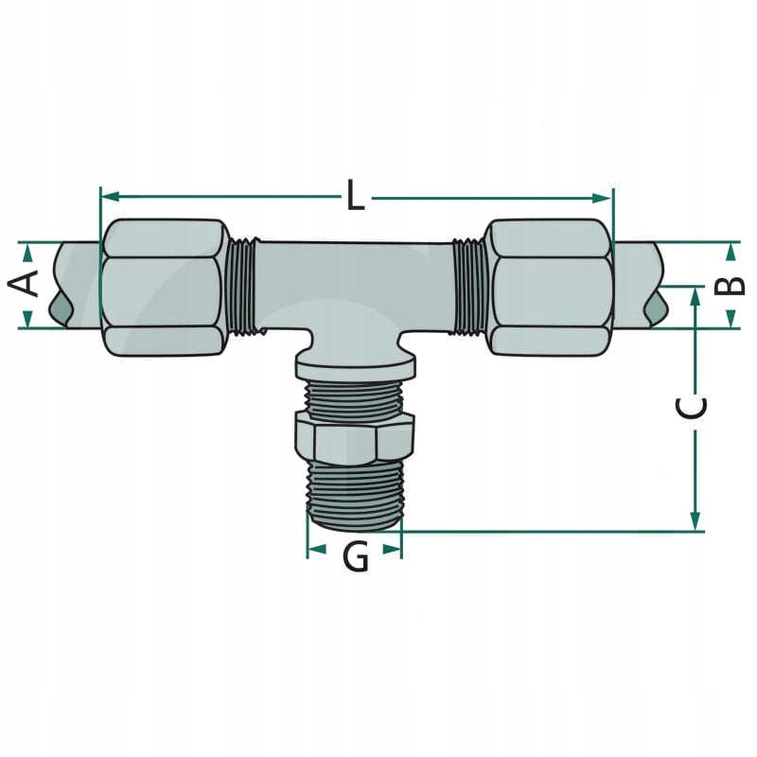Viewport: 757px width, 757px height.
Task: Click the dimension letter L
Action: pos(355,196)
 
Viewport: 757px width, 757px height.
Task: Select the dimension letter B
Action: pos(731,284)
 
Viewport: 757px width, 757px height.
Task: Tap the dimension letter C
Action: pos(693,408)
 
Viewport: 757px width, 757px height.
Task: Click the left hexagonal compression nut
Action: pos(163,288)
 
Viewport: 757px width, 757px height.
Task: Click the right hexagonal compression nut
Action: pos(549,288)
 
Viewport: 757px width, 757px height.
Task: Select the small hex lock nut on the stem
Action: pos(354,438)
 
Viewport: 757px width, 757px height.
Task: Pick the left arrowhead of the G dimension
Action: pos(316,549)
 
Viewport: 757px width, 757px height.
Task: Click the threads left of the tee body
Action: pos(241,285)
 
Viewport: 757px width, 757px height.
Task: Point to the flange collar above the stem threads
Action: pos(355,364)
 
